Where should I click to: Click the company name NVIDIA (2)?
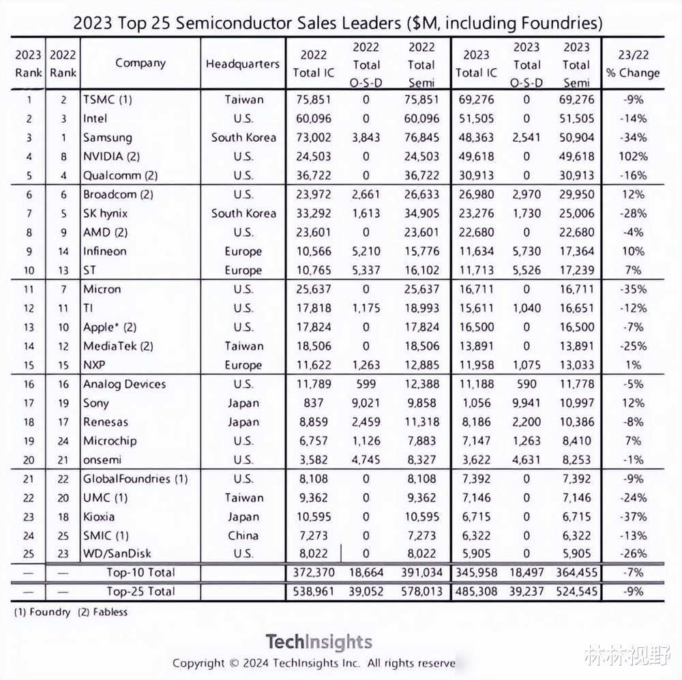click(x=111, y=156)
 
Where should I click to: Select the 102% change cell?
click(x=632, y=156)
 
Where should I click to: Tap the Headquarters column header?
click(x=243, y=64)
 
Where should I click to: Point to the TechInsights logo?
click(x=318, y=642)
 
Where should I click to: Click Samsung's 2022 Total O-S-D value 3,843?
click(x=366, y=137)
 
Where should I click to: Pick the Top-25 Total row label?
click(x=140, y=591)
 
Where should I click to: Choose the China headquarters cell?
click(x=243, y=535)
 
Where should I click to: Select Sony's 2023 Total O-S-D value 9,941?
click(x=527, y=403)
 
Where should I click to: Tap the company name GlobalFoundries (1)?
click(x=135, y=479)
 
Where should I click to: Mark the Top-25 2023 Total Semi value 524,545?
click(x=576, y=591)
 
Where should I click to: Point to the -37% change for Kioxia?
click(x=632, y=517)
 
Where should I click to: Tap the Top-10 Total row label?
click(x=140, y=572)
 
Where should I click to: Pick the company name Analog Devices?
click(x=124, y=384)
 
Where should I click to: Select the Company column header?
click(x=140, y=63)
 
